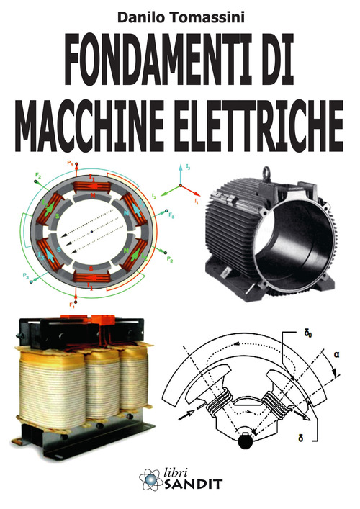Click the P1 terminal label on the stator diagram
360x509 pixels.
[x=71, y=164]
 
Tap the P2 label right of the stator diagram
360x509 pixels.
[x=170, y=257]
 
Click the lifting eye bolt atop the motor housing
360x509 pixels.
[x=273, y=171]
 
